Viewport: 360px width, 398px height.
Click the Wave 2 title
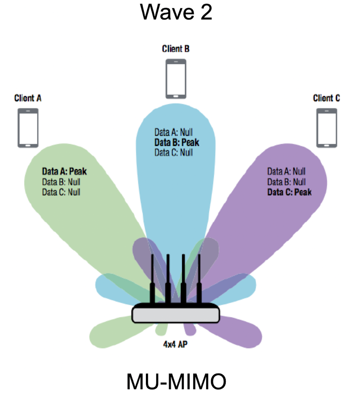point(176,12)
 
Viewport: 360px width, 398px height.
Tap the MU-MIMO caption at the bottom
point(176,381)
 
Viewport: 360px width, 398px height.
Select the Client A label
point(28,98)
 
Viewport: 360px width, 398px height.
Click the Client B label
point(176,49)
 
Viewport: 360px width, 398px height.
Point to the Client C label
point(326,98)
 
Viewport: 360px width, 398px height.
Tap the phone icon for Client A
point(28,128)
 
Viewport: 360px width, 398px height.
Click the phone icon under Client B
point(176,79)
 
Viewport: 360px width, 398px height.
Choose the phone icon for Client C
point(327,128)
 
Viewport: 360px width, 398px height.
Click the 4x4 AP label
point(175,344)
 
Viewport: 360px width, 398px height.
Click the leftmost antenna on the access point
point(152,279)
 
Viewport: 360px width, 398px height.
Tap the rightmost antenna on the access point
point(199,279)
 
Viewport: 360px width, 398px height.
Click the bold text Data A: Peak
point(64,171)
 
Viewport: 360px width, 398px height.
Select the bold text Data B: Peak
point(177,142)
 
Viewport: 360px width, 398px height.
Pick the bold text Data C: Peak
point(290,192)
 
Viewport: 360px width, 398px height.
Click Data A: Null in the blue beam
point(173,132)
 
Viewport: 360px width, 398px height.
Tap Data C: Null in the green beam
point(61,192)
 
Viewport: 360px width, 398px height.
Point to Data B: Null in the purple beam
point(286,182)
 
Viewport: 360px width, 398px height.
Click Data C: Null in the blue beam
point(173,152)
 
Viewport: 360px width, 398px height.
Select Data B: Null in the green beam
point(61,182)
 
